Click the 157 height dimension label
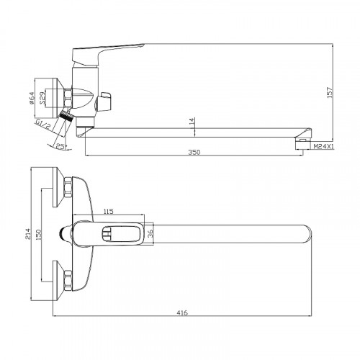(x=330, y=92)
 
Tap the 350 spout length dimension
(x=194, y=152)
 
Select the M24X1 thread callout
(x=324, y=146)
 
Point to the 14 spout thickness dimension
(x=192, y=121)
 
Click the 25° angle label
(x=61, y=146)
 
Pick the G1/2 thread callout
(x=43, y=125)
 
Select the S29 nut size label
(x=42, y=98)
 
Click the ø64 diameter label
(x=32, y=99)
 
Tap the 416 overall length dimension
(x=182, y=145)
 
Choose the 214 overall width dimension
(x=28, y=233)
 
